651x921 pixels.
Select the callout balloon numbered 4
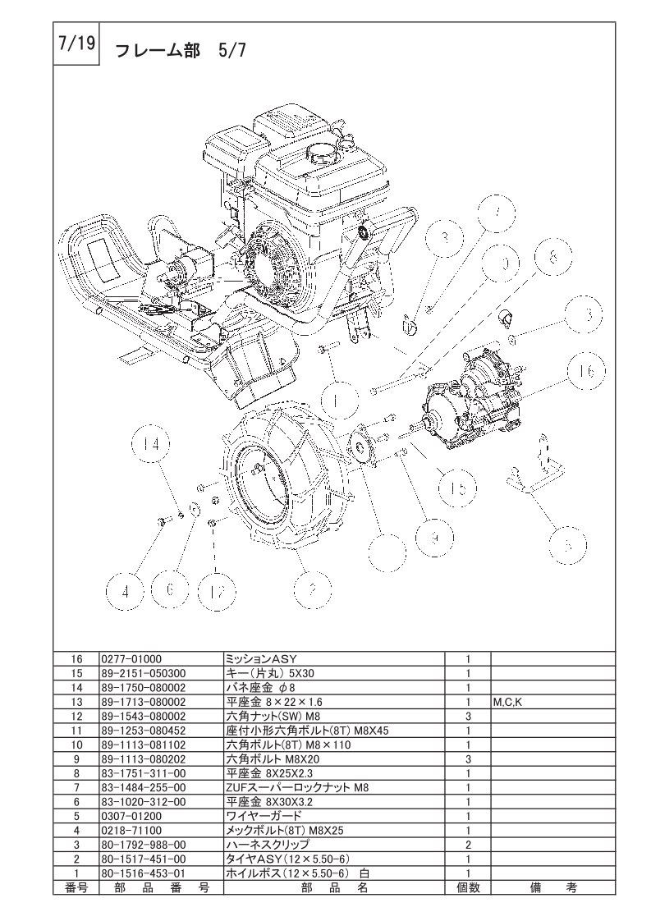126,589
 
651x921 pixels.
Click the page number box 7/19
76,45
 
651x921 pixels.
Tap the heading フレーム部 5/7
177,51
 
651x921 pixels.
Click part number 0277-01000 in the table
131,658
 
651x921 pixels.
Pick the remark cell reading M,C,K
507,703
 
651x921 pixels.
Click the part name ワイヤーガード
264,817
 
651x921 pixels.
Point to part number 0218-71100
131,831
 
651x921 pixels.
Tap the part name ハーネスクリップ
268,845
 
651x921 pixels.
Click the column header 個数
467,887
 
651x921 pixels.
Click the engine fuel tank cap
320,153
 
